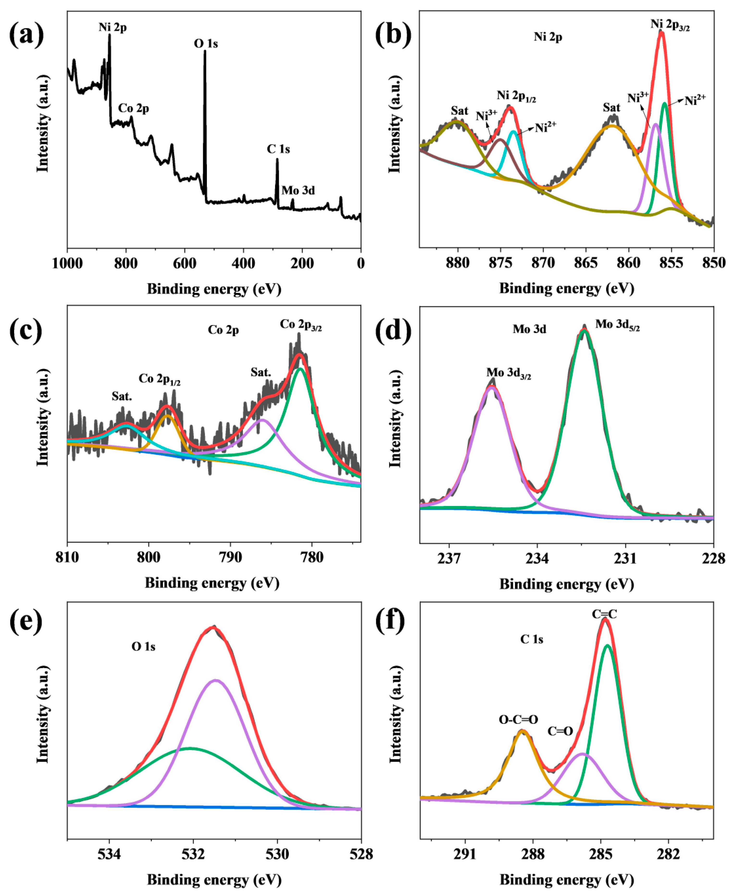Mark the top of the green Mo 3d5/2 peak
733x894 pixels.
point(584,330)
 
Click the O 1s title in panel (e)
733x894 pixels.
point(143,646)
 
